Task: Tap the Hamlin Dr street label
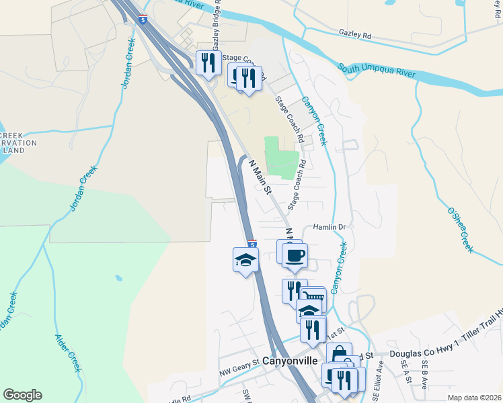pyautogui.click(x=328, y=227)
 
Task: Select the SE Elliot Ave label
pyautogui.click(x=380, y=371)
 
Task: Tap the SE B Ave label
pyautogui.click(x=424, y=370)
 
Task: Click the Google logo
pyautogui.click(x=22, y=395)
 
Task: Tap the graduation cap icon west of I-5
pyautogui.click(x=245, y=260)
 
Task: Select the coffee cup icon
pyautogui.click(x=295, y=254)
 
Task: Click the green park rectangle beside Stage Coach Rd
pyautogui.click(x=282, y=157)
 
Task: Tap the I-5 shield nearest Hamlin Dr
pyautogui.click(x=252, y=244)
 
